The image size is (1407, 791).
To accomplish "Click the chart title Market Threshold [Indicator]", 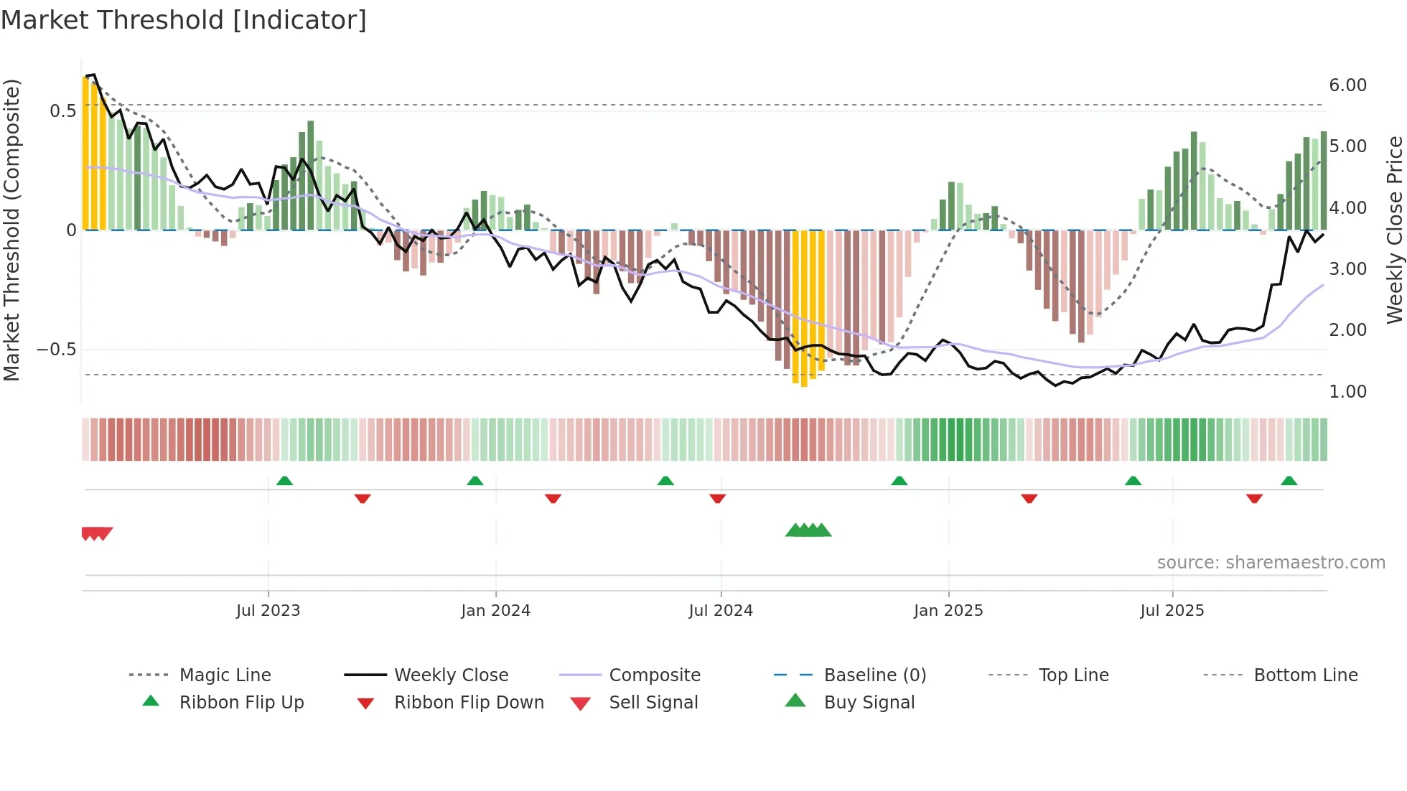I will click(184, 20).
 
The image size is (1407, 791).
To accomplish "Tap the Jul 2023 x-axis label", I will click(268, 611).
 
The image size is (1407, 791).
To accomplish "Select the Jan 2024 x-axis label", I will click(495, 611).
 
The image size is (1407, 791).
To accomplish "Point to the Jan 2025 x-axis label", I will click(948, 611).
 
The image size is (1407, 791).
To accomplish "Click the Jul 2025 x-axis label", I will click(1172, 611).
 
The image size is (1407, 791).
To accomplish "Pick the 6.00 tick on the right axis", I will click(1347, 85).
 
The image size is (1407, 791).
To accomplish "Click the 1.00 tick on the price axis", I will click(1347, 392).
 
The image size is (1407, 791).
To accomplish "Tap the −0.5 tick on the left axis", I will click(56, 350).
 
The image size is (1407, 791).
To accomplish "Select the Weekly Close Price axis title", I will click(1394, 230).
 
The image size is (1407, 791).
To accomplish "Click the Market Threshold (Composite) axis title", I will click(11, 230).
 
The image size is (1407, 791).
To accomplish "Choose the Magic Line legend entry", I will click(225, 675).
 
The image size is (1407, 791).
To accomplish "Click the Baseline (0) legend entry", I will click(874, 675).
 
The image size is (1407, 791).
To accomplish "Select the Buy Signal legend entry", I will click(869, 703).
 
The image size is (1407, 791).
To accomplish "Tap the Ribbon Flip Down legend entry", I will click(468, 703).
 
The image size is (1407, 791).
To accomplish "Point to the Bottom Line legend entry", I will click(1305, 675).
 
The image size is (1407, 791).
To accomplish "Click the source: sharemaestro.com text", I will click(1271, 563).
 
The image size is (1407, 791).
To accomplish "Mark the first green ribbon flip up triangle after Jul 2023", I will click(284, 481).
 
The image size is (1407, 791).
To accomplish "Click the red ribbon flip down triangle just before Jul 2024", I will click(717, 498).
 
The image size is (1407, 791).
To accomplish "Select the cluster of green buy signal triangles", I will click(808, 530).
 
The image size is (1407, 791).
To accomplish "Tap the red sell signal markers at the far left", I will click(96, 533).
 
